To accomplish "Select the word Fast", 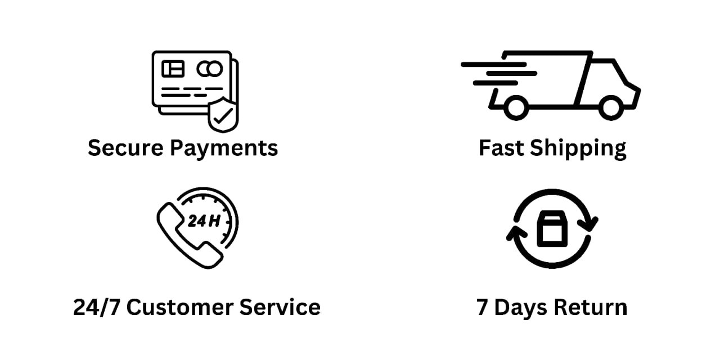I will tap(502, 148).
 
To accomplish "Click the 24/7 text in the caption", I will tap(96, 308).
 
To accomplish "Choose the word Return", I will tap(590, 308).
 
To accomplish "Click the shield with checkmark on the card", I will tap(223, 115).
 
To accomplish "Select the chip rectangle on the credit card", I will tap(173, 69).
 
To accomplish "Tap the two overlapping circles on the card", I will tap(210, 69).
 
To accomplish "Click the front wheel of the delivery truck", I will tap(611, 107).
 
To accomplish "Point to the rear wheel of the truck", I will tap(515, 107).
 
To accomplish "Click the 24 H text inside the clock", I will tap(204, 221).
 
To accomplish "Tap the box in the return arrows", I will tap(553, 229).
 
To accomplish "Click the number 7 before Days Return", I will tap(483, 308).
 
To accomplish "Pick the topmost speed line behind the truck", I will tap(493, 64).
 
